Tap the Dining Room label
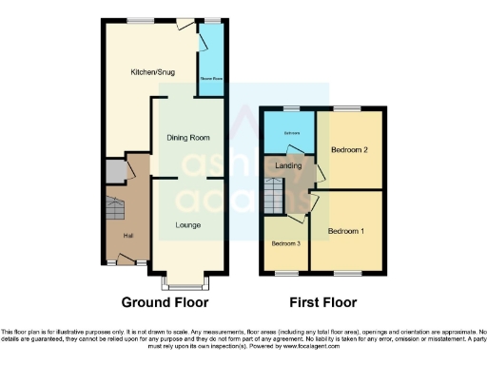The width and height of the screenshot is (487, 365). pyautogui.click(x=188, y=138)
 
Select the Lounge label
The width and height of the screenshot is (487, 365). pyautogui.click(x=186, y=224)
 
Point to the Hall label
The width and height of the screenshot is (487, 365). pyautogui.click(x=127, y=235)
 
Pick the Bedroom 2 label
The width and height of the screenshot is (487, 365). pyautogui.click(x=349, y=150)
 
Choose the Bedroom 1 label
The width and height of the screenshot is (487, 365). pyautogui.click(x=347, y=231)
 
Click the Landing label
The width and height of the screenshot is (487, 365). pyautogui.click(x=288, y=165)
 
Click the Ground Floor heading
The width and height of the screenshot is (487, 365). pyautogui.click(x=165, y=303)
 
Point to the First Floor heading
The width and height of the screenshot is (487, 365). pyautogui.click(x=323, y=303)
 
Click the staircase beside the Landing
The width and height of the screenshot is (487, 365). pyautogui.click(x=274, y=197)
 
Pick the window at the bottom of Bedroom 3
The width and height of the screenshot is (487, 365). pyautogui.click(x=284, y=273)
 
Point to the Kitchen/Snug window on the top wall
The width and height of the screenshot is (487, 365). pyautogui.click(x=144, y=18)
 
